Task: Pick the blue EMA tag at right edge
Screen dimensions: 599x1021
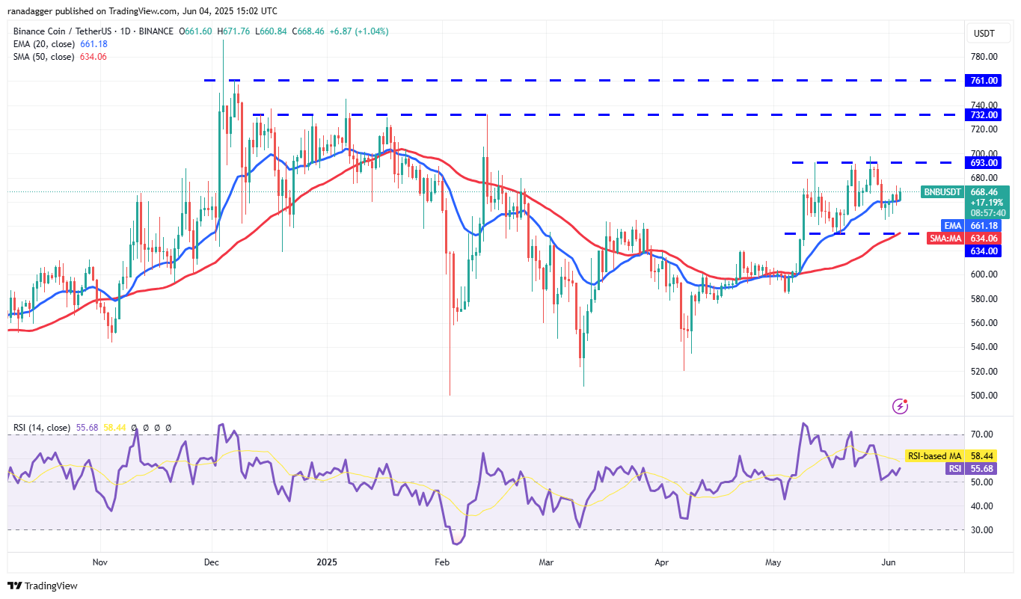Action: pyautogui.click(x=952, y=225)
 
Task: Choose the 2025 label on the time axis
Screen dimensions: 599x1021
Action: pyautogui.click(x=328, y=561)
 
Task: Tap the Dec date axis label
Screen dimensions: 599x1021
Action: pyautogui.click(x=212, y=561)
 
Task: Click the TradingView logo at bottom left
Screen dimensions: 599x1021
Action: pyautogui.click(x=43, y=586)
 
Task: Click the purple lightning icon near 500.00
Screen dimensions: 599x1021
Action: pyautogui.click(x=901, y=406)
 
